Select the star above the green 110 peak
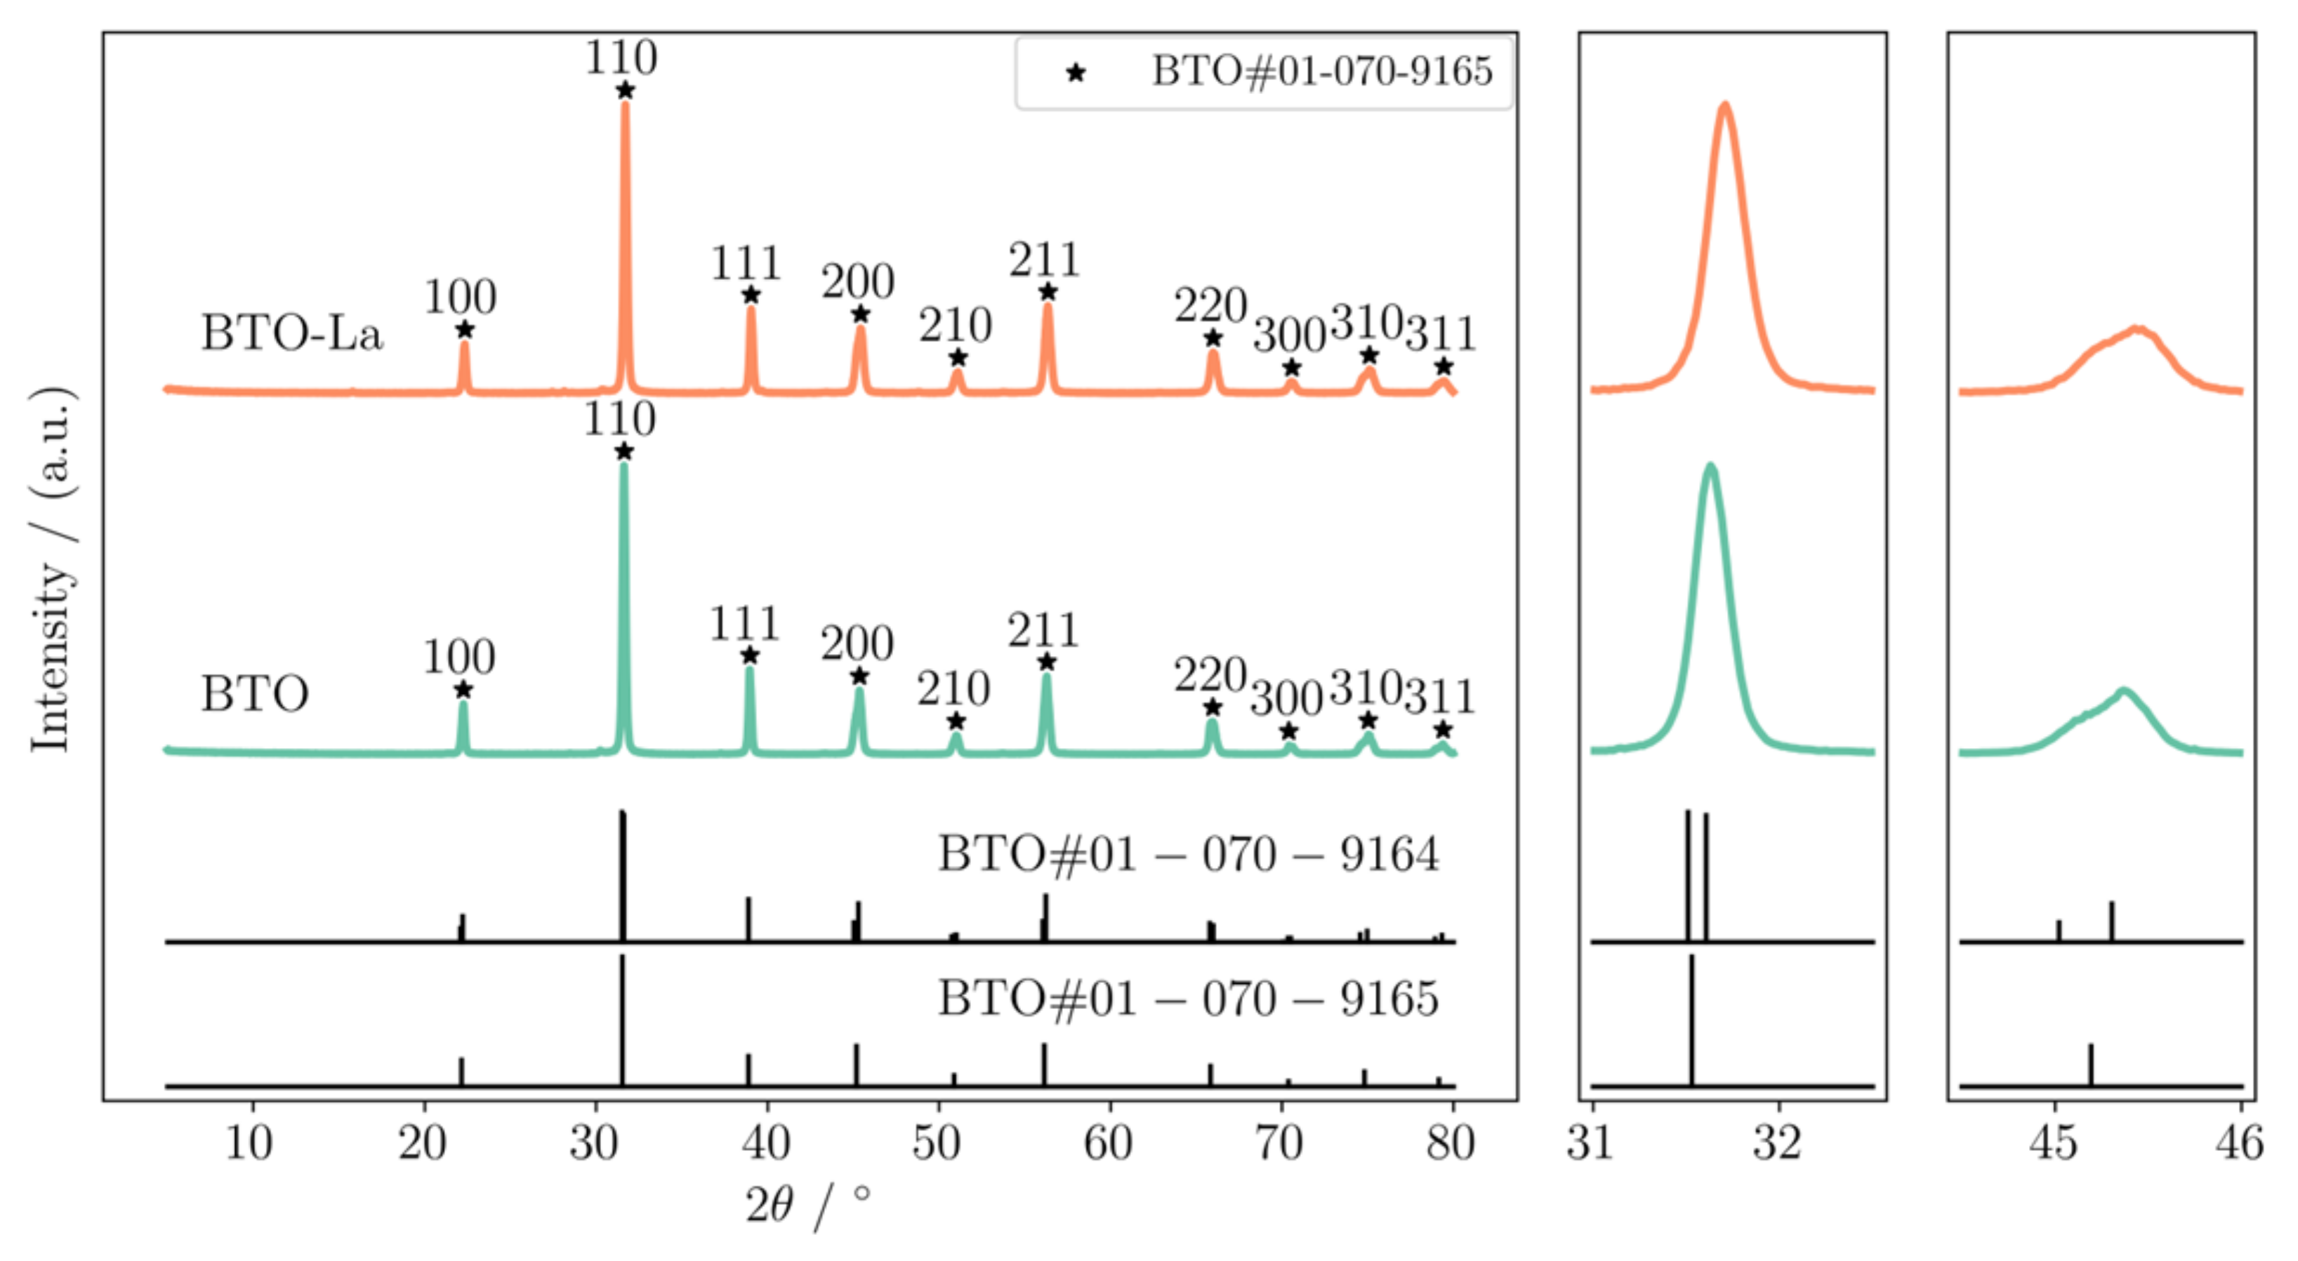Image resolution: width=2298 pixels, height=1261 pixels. [x=623, y=451]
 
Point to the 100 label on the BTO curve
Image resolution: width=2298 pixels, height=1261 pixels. [x=458, y=658]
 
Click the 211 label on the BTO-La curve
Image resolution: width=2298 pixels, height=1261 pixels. [x=1045, y=261]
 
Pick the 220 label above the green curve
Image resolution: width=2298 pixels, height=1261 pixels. [x=1210, y=675]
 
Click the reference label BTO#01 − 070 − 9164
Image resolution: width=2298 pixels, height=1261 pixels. [x=1187, y=854]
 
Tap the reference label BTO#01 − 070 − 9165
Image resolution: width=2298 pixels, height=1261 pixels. [x=1187, y=999]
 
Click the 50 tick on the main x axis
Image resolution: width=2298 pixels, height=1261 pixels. [x=937, y=1143]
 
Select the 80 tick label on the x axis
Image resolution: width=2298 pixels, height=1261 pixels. [x=1451, y=1143]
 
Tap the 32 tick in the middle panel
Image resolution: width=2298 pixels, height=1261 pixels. [x=1777, y=1143]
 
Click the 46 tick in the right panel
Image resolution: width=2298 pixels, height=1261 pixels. [x=2239, y=1143]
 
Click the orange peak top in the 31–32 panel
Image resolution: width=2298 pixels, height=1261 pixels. [x=1725, y=106]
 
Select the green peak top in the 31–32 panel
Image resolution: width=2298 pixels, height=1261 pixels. [x=1710, y=467]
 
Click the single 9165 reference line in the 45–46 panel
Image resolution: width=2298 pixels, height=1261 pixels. [x=2090, y=1065]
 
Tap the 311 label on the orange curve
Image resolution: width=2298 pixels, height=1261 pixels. [x=1441, y=335]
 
